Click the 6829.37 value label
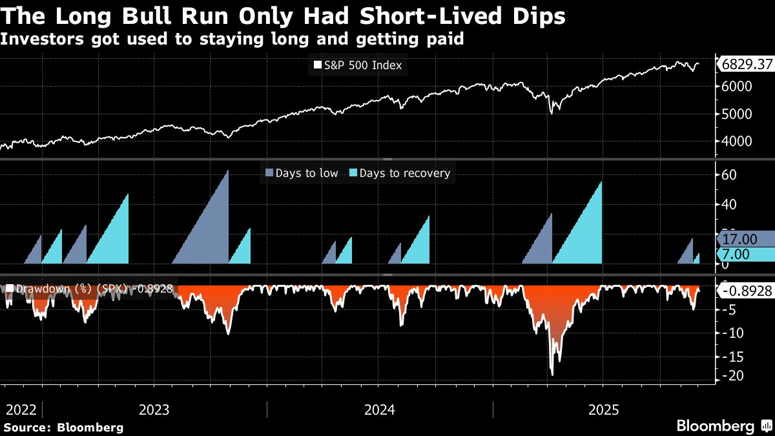[746, 65]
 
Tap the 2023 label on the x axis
[154, 410]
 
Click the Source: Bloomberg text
[63, 427]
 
